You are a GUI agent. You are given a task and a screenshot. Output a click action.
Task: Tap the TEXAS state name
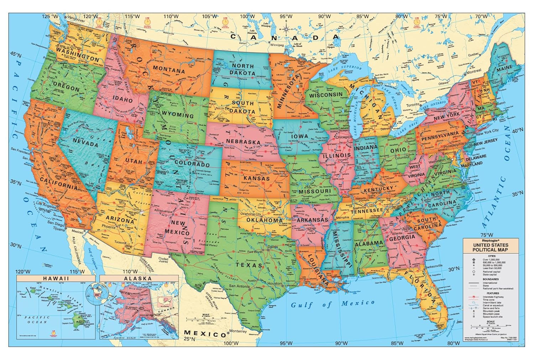pyautogui.click(x=249, y=265)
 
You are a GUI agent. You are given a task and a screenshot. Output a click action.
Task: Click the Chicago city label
pyautogui.click(x=342, y=137)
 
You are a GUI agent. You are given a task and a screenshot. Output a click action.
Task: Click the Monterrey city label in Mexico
pyautogui.click(x=238, y=331)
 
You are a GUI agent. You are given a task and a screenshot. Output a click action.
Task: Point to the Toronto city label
pyautogui.click(x=413, y=105)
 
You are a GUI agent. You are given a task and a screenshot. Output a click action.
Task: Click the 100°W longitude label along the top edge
pyautogui.click(x=247, y=16)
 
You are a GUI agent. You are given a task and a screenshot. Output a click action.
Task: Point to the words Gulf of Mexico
pyautogui.click(x=333, y=304)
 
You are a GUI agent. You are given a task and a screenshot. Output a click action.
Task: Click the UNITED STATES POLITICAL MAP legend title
pyautogui.click(x=490, y=247)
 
